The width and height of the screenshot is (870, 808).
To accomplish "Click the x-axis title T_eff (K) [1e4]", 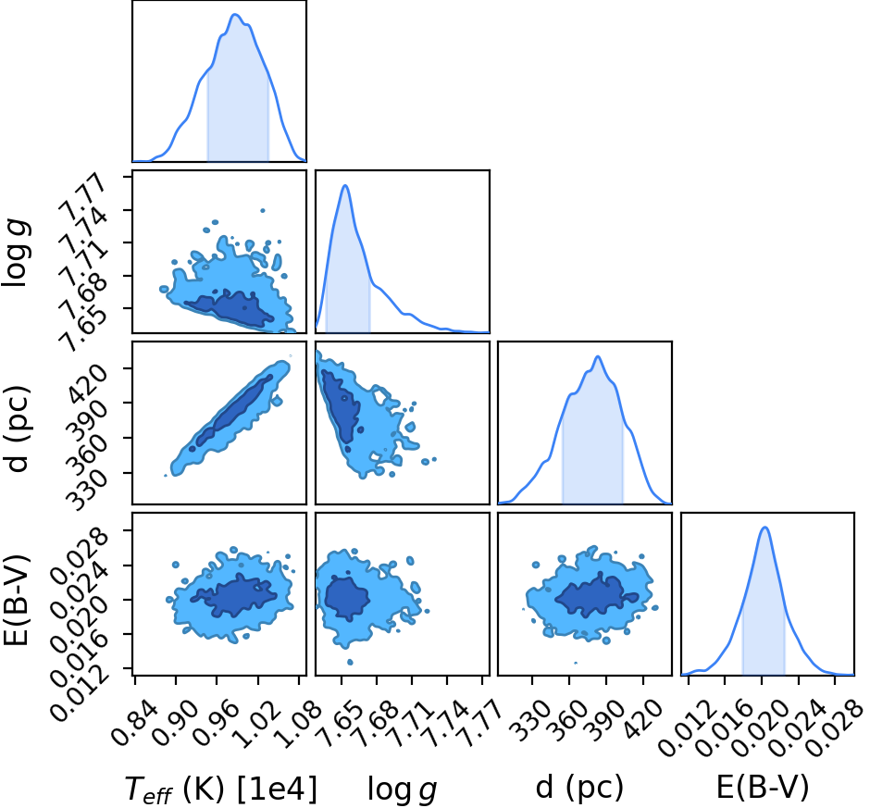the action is tap(221, 789).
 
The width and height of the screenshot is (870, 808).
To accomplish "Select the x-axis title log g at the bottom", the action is tap(403, 789).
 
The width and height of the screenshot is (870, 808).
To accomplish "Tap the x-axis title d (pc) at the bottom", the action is tap(579, 788).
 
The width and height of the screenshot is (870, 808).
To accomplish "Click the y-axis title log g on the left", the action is tap(16, 253).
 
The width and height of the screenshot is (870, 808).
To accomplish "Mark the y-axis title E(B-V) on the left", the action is tap(16, 599).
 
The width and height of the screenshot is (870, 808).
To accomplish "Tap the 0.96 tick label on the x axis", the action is tap(217, 723).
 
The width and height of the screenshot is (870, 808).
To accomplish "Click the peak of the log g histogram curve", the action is tap(345, 185).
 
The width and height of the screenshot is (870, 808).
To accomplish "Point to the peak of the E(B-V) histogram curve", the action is tap(765, 528).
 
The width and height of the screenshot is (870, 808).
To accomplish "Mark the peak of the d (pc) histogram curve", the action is tap(598, 356).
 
